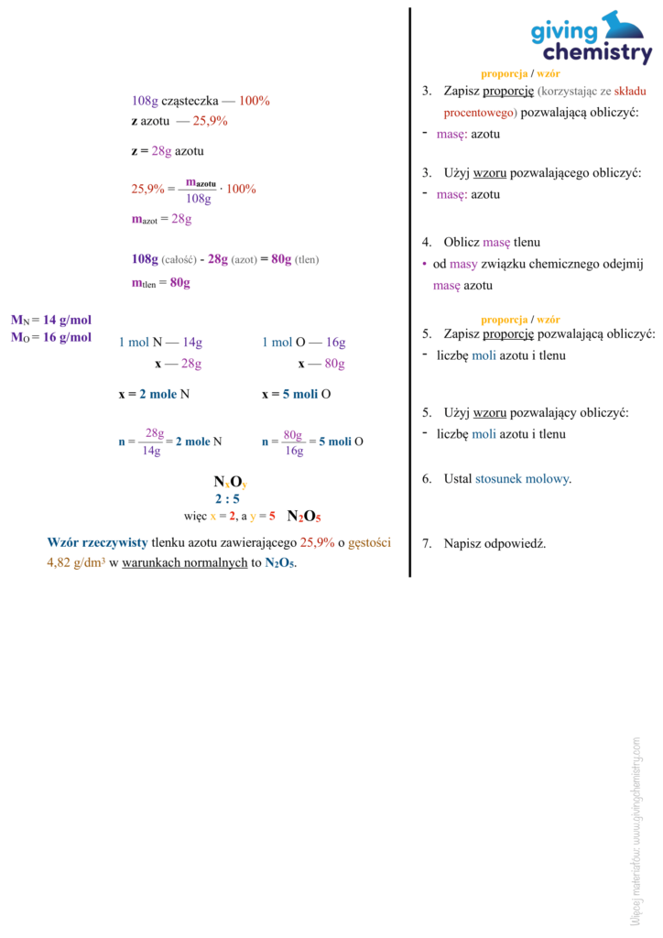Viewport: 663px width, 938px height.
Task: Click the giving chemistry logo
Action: pyautogui.click(x=592, y=38)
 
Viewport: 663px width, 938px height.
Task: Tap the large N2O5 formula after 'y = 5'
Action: pyautogui.click(x=304, y=517)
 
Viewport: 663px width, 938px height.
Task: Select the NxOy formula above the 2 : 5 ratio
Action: pyautogui.click(x=230, y=482)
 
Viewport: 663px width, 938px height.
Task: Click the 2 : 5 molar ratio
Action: pyautogui.click(x=227, y=499)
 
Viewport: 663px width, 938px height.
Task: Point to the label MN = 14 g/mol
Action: pyautogui.click(x=51, y=320)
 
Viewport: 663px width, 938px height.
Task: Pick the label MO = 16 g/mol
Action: pyautogui.click(x=51, y=337)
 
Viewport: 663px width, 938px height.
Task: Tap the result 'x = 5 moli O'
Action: pyautogui.click(x=296, y=394)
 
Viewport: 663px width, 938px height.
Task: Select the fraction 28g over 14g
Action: pyautogui.click(x=155, y=442)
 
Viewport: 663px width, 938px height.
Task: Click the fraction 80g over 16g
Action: pyautogui.click(x=293, y=442)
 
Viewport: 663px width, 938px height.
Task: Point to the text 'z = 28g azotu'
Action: pyautogui.click(x=168, y=150)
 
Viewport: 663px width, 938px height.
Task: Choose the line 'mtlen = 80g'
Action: pyautogui.click(x=161, y=283)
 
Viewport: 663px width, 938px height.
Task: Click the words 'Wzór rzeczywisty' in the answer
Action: pyautogui.click(x=97, y=542)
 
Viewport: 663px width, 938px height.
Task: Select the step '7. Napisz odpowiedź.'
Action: pyautogui.click(x=484, y=543)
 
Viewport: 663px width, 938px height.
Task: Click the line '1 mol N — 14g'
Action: pyautogui.click(x=161, y=343)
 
